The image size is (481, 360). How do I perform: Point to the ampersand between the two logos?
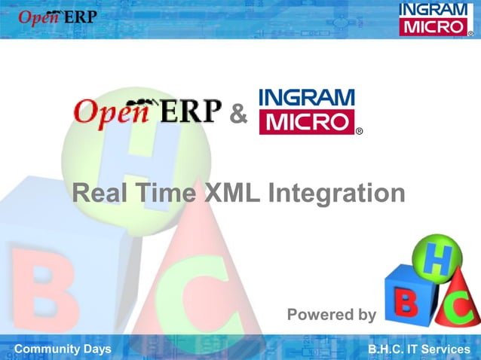[237, 115]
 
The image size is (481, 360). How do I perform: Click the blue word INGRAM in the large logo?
[306, 98]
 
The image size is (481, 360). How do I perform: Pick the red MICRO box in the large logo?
[306, 122]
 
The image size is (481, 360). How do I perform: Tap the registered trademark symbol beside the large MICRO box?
[359, 131]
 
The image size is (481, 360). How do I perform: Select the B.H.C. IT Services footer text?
[418, 349]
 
